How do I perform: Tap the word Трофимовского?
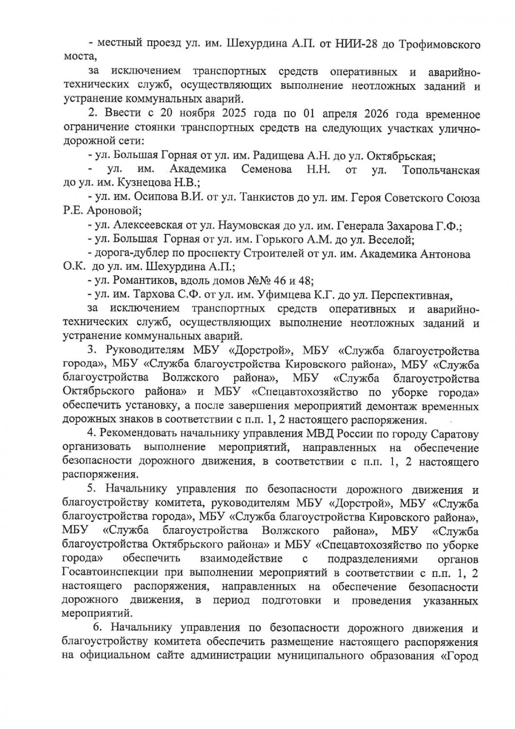[440, 44]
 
